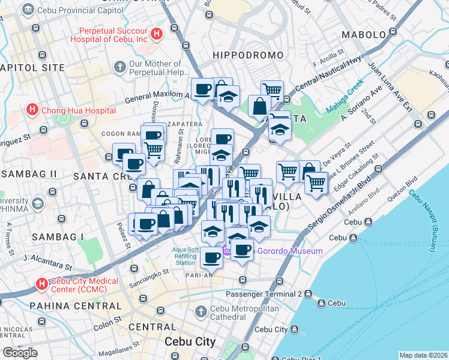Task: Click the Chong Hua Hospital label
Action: click(78, 110)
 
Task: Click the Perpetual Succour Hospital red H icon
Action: click(157, 34)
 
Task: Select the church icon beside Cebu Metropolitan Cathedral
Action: click(201, 313)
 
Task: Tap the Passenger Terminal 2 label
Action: click(264, 294)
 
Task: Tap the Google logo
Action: click(20, 353)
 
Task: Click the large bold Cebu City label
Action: click(190, 341)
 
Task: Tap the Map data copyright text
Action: click(423, 355)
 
